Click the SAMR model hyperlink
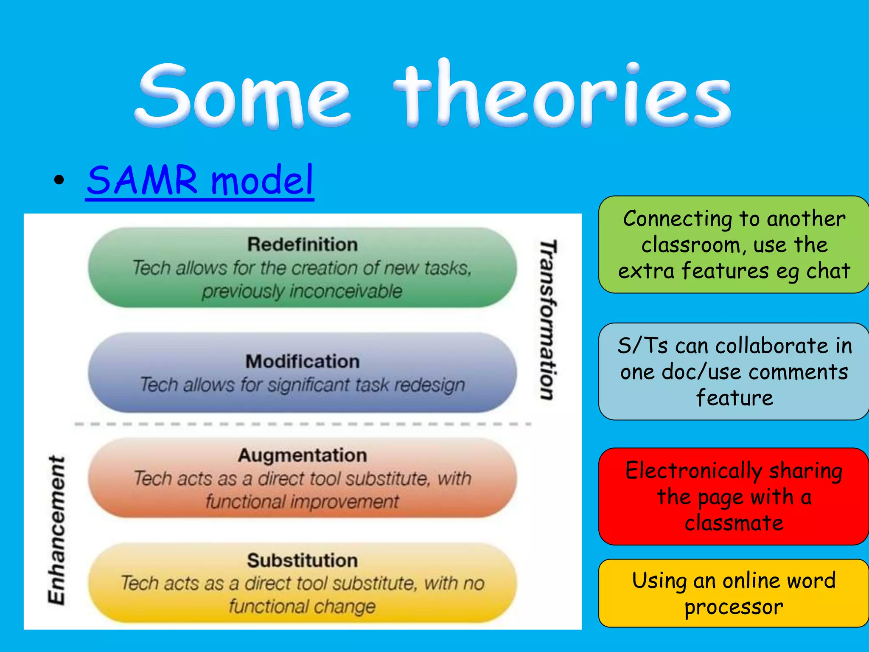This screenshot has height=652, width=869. pos(199,180)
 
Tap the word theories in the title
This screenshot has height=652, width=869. pos(562,96)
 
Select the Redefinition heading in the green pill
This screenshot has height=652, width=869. pos(303,244)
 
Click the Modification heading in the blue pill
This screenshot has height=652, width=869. pos(303,362)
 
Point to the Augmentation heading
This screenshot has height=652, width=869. pos(303,455)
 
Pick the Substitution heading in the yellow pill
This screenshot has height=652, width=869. pos(303,560)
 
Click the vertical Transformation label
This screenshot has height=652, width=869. pos(548,320)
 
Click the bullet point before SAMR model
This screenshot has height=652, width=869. pos(59,180)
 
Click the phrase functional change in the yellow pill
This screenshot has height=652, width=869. pos(303,606)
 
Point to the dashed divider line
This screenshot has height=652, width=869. pos(303,424)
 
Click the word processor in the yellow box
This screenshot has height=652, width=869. pos(734,607)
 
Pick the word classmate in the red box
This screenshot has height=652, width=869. pos(734,523)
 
